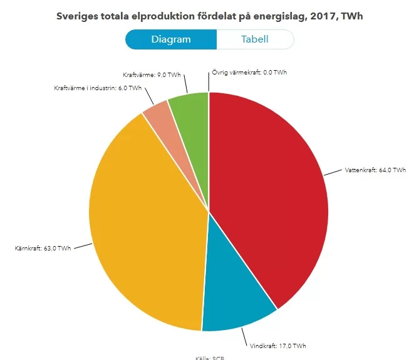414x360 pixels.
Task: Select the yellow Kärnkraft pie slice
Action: point(147,232)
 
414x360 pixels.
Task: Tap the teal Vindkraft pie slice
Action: point(235,301)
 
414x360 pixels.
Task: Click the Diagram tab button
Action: point(171,39)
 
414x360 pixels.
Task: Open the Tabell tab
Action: point(255,39)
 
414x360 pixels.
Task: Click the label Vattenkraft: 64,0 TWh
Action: point(375,170)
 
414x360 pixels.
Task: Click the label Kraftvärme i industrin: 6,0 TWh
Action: point(98,88)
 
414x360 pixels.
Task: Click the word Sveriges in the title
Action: point(76,16)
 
